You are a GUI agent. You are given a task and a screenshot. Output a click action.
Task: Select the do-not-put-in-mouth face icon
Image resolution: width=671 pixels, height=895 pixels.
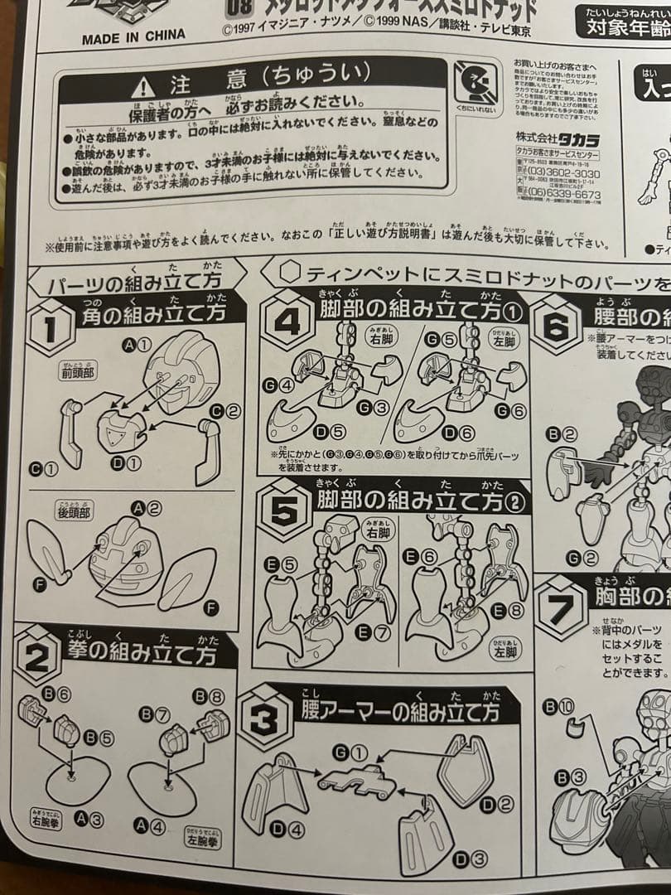pyautogui.click(x=477, y=84)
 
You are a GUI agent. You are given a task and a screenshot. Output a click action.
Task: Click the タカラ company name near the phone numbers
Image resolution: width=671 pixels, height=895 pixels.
pyautogui.click(x=577, y=139)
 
